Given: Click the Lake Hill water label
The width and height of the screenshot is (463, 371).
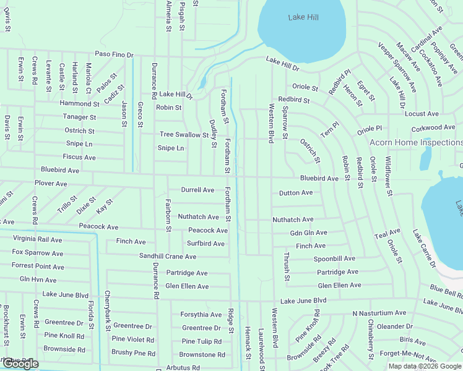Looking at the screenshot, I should pos(303,17).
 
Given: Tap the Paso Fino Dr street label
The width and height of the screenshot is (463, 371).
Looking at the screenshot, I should pos(115,55).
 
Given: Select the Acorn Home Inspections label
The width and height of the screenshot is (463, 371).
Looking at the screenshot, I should pos(415,142).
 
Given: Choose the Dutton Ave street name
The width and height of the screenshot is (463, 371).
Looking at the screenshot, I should pos(296,193).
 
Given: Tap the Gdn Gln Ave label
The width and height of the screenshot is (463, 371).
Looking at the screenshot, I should pos(308,233).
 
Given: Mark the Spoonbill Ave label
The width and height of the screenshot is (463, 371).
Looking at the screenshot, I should pos(334,258).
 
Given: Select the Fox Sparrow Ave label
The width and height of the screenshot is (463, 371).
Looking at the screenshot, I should pos(37,253).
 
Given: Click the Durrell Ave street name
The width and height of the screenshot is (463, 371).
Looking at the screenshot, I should pos(197,190).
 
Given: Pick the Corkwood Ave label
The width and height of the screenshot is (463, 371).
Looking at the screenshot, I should pos(433,127).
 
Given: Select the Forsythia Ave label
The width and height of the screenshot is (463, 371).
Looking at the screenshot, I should pos(201,315).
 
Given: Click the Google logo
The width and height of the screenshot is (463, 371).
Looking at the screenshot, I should pos(20,364).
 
